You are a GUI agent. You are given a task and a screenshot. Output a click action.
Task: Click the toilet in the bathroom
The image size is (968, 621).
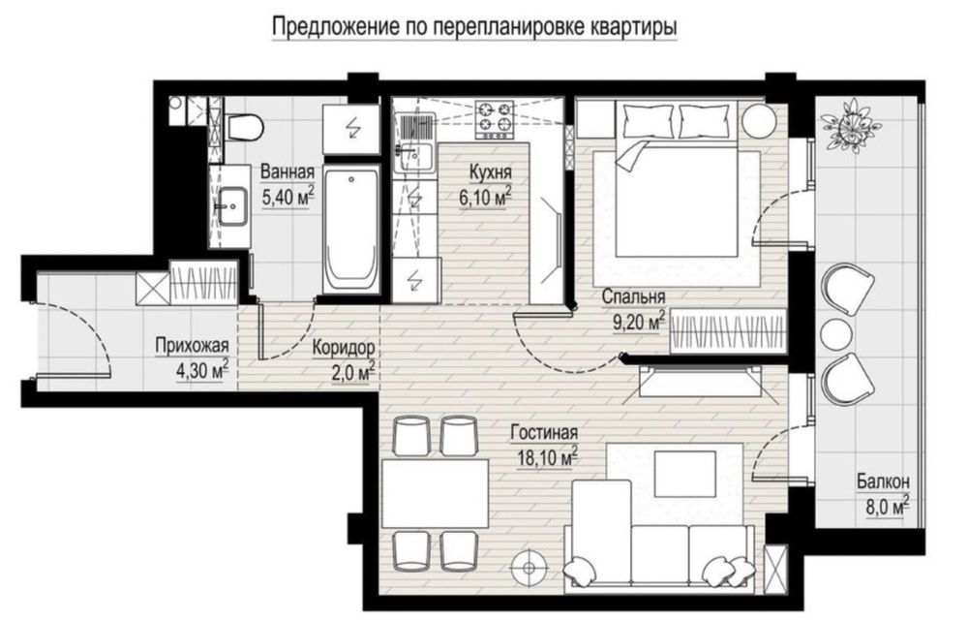coord(245,128)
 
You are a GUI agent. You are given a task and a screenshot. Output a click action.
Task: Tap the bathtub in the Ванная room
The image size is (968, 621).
coord(351,229)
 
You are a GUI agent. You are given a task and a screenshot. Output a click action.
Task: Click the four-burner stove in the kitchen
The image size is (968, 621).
coord(495,118)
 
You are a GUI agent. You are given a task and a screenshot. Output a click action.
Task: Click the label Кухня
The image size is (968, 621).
coord(490,172)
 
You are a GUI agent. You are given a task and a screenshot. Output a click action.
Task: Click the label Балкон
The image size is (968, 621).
coord(883,481)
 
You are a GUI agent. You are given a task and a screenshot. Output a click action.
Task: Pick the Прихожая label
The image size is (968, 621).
coord(192,346)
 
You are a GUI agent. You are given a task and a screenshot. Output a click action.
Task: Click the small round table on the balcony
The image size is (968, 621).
coord(836,332)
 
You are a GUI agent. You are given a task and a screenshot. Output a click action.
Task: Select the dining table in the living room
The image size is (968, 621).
coord(435,492)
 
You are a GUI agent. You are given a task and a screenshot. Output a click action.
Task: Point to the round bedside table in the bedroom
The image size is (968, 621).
coord(758,121)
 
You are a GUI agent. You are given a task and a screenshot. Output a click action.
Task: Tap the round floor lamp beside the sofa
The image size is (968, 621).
coord(529,568)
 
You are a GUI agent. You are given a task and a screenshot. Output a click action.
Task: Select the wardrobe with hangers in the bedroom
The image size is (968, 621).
coord(728,332)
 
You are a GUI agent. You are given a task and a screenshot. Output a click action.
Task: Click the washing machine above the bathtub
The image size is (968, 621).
coord(351,129)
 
